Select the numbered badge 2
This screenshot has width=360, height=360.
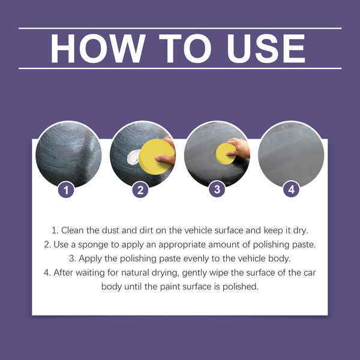[x=140, y=190]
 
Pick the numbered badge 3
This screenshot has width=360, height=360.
[x=217, y=190]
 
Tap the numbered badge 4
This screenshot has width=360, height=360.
[x=291, y=190]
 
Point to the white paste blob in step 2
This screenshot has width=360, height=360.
[x=133, y=159]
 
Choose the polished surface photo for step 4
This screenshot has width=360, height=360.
[x=291, y=153]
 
